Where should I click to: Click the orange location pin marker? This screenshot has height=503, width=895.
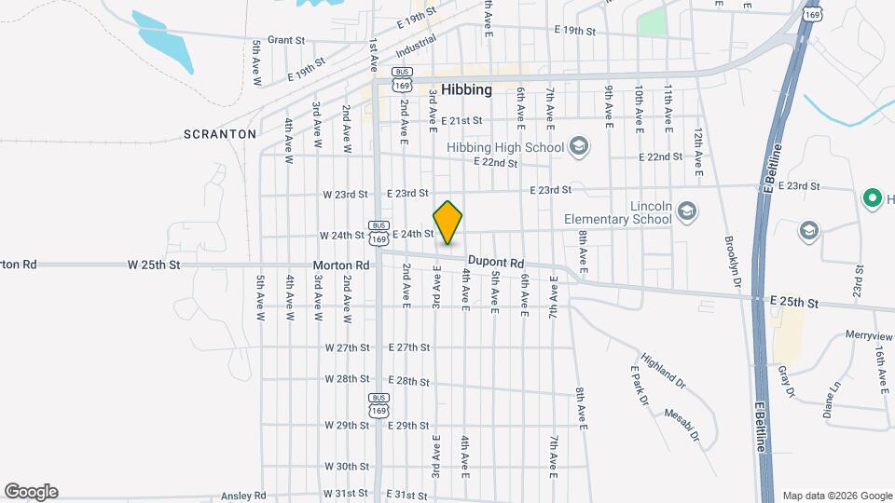pyautogui.click(x=448, y=223)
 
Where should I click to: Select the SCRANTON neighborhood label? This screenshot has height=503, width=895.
pyautogui.click(x=219, y=134)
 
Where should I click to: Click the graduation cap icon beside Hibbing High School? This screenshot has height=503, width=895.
pyautogui.click(x=579, y=146)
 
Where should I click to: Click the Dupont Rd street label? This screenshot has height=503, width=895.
pyautogui.click(x=497, y=263)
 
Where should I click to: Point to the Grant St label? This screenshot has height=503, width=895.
pyautogui.click(x=286, y=40)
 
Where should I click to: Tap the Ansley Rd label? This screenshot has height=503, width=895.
pyautogui.click(x=246, y=495)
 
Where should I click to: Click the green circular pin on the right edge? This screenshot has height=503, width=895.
pyautogui.click(x=874, y=197)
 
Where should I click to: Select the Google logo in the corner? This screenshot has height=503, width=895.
pyautogui.click(x=31, y=491)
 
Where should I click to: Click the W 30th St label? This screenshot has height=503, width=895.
pyautogui.click(x=347, y=466)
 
